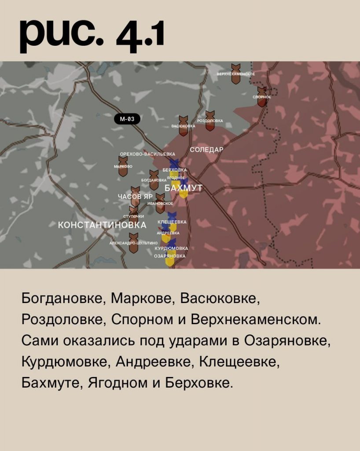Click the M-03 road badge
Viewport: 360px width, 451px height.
tap(127, 118)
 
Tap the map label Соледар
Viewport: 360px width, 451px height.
tap(206, 150)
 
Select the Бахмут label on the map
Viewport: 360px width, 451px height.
tap(184, 188)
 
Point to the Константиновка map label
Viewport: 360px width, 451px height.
tap(102, 225)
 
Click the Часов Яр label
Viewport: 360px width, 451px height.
tap(135, 196)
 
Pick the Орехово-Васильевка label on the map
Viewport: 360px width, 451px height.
tap(147, 154)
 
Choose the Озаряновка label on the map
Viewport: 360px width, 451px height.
tap(169, 256)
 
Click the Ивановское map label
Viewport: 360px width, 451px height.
tap(160, 203)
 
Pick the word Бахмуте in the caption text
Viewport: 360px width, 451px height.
tap(51, 383)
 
